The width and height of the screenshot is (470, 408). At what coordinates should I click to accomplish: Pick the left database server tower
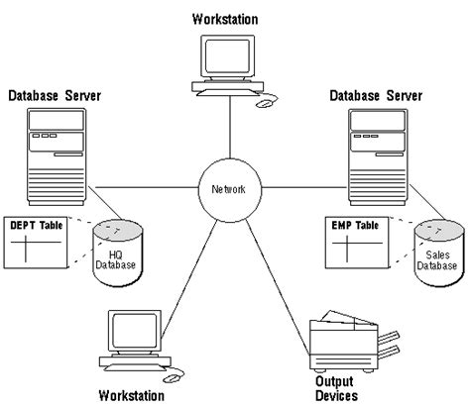[x=56, y=153]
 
